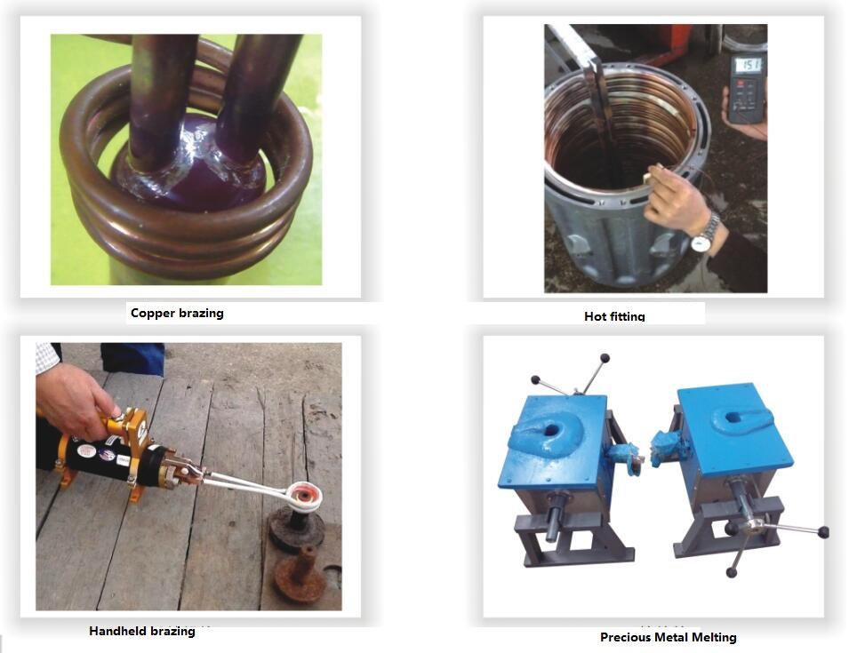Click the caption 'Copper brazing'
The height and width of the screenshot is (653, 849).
pos(177,314)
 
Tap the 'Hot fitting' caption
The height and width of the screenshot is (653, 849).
pos(614,316)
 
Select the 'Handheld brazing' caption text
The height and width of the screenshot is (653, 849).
pos(142,631)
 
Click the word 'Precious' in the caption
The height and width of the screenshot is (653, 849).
pos(625,637)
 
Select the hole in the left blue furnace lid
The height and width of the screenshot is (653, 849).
pos(551,431)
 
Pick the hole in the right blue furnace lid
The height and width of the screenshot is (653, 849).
pos(732,417)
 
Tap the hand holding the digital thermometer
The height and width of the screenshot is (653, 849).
pos(750,118)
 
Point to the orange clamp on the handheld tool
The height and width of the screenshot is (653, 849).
pos(130,427)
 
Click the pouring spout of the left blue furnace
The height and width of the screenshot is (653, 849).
pos(625,456)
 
